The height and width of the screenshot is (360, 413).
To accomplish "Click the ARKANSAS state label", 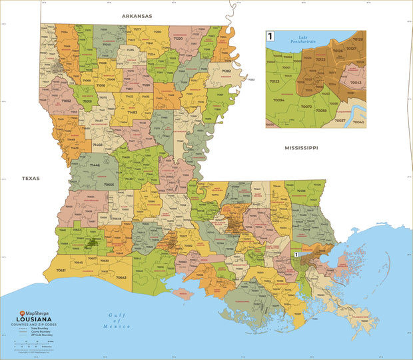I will pyautogui.click(x=137, y=15).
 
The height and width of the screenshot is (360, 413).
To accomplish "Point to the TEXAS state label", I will pyautogui.click(x=31, y=178).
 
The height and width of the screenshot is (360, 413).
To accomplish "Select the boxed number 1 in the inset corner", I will pyautogui.click(x=270, y=36).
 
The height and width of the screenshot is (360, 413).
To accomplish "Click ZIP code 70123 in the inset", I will pyautogui.click(x=274, y=81).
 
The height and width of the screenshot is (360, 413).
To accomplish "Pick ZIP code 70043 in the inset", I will pyautogui.click(x=355, y=83).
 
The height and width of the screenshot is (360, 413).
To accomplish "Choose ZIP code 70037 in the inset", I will pyautogui.click(x=340, y=120).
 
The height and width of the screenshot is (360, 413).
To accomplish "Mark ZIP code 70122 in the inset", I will pyautogui.click(x=320, y=59).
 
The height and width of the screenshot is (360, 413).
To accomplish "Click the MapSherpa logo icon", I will pyautogui.click(x=22, y=313).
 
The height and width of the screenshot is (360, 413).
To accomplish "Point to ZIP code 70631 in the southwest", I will pyautogui.click(x=61, y=270).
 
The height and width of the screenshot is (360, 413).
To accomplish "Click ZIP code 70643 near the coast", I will pyautogui.click(x=121, y=277).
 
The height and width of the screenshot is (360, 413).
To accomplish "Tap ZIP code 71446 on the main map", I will pyautogui.click(x=95, y=165).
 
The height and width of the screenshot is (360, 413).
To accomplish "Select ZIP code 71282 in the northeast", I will pyautogui.click(x=226, y=71).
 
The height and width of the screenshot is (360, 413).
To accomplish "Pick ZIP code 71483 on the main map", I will pyautogui.click(x=132, y=112).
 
